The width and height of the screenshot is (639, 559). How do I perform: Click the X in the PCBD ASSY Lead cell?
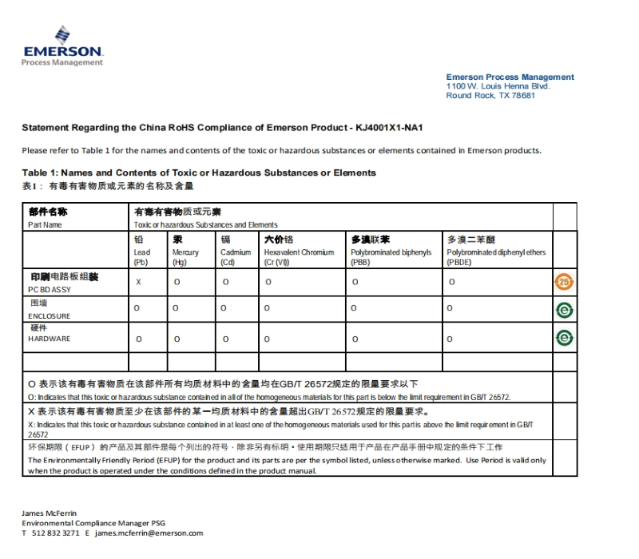tap(138, 281)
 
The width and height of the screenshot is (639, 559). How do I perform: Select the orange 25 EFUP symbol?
tap(565, 282)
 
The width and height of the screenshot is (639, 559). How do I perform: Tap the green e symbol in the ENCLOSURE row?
tap(565, 310)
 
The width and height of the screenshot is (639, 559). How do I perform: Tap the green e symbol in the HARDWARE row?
tap(565, 339)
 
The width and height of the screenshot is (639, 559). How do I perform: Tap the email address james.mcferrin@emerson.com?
tap(149, 533)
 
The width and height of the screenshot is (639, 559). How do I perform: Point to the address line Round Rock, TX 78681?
tap(490, 96)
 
